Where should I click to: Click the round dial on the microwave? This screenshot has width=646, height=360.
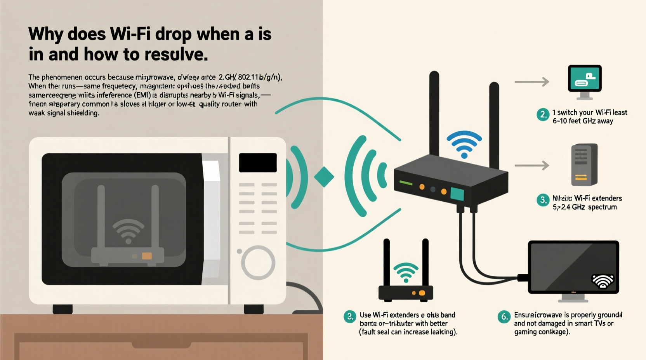tap(258, 263)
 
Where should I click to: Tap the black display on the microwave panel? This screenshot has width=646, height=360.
tap(258, 163)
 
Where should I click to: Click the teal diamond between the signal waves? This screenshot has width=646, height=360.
tap(324, 177)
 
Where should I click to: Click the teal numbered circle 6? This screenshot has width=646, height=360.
tap(504, 317)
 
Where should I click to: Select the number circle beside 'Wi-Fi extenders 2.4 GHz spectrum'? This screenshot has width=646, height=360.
tap(543, 200)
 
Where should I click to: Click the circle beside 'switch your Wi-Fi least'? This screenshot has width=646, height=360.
tap(543, 114)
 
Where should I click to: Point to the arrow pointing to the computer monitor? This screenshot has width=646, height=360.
tap(531, 82)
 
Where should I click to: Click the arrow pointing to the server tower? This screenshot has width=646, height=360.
tap(531, 166)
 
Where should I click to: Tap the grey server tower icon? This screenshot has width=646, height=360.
tap(584, 165)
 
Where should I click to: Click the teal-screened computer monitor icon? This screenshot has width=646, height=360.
tap(585, 79)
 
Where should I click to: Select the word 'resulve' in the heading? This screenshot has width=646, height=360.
tap(173, 54)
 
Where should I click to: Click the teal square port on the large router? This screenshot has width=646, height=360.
tap(457, 194)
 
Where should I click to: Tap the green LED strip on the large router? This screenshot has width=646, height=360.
tap(406, 183)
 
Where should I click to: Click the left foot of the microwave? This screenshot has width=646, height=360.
tap(63, 309)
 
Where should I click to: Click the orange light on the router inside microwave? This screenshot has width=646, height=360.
tap(147, 256)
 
